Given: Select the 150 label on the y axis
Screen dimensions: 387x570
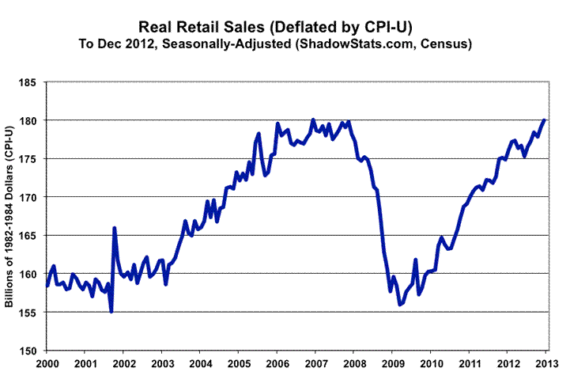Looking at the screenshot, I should (x=29, y=351).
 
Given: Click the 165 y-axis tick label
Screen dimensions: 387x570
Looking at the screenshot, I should (x=29, y=235).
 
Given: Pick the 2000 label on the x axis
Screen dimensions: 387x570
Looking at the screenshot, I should (x=47, y=365).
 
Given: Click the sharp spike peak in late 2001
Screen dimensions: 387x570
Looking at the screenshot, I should (x=115, y=228).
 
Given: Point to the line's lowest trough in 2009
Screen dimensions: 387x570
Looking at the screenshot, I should (x=400, y=305).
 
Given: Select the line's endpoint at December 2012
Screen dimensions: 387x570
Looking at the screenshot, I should (x=545, y=120).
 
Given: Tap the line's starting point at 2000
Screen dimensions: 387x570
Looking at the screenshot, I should (x=47, y=286).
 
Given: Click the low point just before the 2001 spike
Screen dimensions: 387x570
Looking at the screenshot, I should (x=111, y=312).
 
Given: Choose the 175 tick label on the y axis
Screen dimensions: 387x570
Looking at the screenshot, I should (x=29, y=158).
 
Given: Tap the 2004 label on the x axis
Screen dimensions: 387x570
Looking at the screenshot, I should (x=201, y=365).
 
